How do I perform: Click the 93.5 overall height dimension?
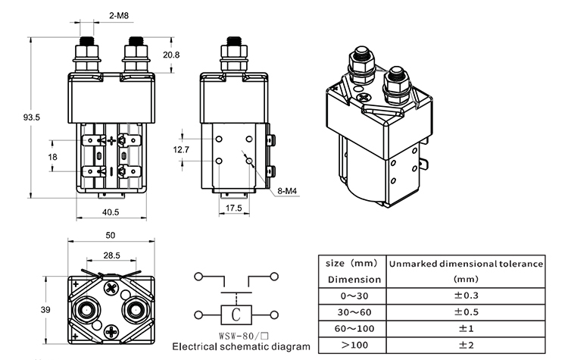pyautogui.click(x=32, y=117)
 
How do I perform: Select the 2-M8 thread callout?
pyautogui.click(x=119, y=16)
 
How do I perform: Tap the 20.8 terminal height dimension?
pyautogui.click(x=171, y=55)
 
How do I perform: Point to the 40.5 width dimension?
pyautogui.click(x=111, y=212)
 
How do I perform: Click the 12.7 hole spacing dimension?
pyautogui.click(x=181, y=149)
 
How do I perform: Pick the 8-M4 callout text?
pyautogui.click(x=287, y=191)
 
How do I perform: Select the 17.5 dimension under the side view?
pyautogui.click(x=234, y=208)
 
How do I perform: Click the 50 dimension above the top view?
pyautogui.click(x=111, y=235)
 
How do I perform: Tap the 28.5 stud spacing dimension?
pyautogui.click(x=111, y=255)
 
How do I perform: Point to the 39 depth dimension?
pyautogui.click(x=45, y=310)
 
